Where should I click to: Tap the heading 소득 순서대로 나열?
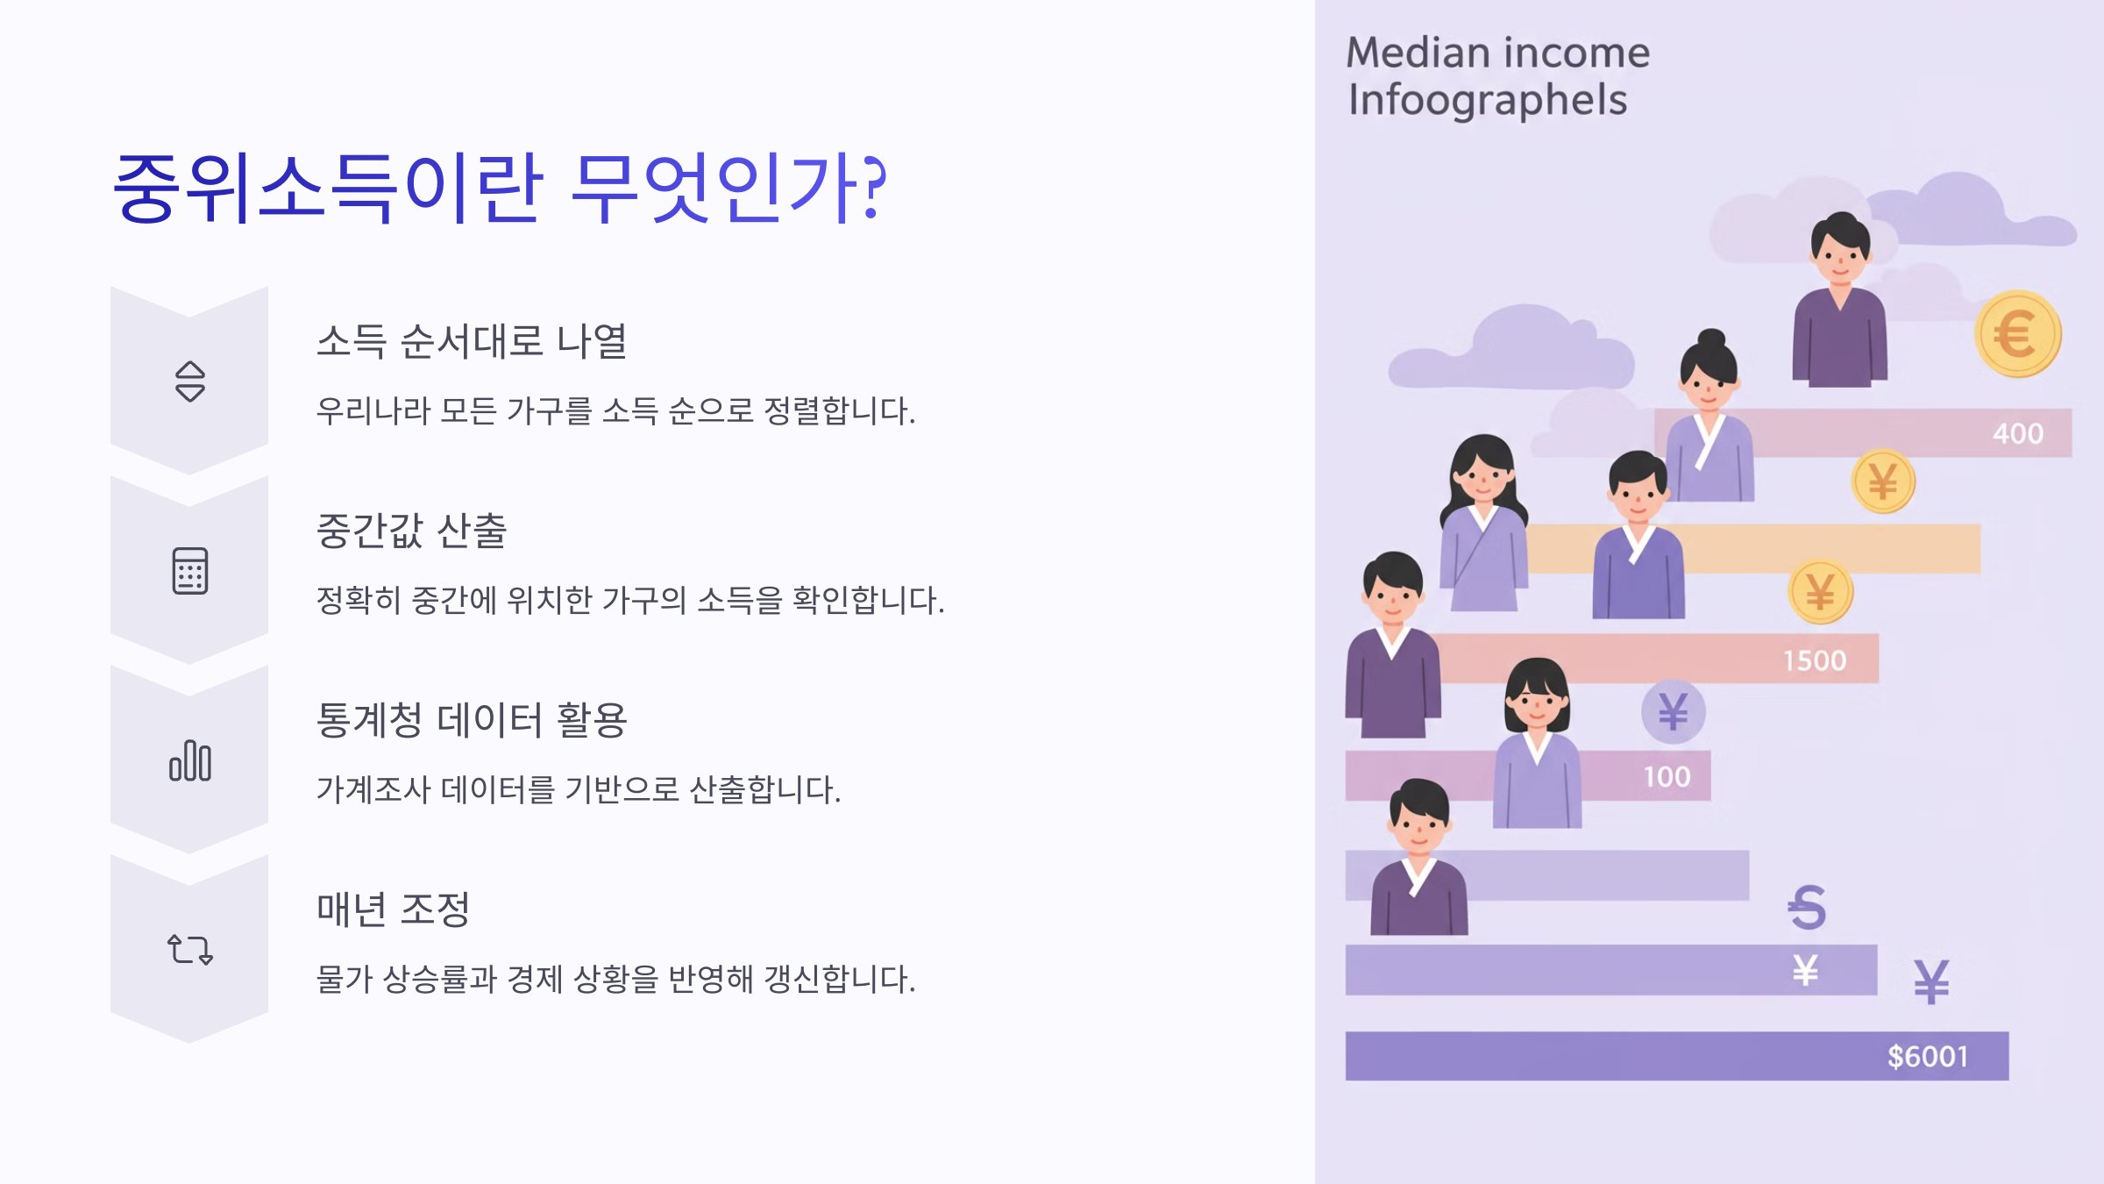(x=472, y=341)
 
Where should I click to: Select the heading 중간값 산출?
(x=411, y=531)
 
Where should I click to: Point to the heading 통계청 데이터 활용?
(x=472, y=720)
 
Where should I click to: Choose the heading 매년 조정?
(x=394, y=909)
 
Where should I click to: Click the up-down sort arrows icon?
(x=189, y=382)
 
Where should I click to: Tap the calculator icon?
(x=189, y=571)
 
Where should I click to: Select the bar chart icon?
(x=189, y=760)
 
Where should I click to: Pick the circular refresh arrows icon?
(x=189, y=950)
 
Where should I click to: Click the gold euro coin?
(x=2017, y=334)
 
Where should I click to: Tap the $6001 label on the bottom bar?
(x=1928, y=1057)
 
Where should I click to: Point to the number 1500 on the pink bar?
(x=1815, y=660)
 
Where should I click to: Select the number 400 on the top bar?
(x=2017, y=433)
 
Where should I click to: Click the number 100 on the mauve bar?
(x=1667, y=777)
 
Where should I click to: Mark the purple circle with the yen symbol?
(x=1673, y=711)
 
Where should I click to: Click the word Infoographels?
(x=1488, y=100)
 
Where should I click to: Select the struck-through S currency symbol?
(x=1806, y=907)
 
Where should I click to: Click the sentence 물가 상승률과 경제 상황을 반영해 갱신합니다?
(x=615, y=979)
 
